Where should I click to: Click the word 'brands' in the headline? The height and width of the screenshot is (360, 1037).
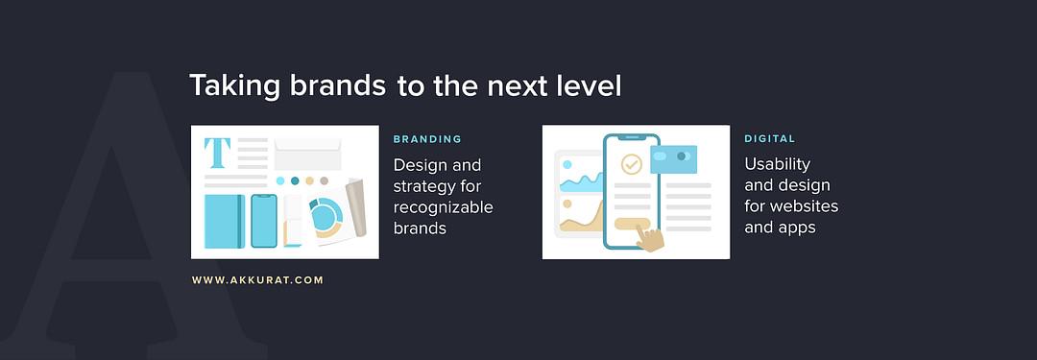[x=338, y=86]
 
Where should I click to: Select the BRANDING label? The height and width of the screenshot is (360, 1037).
[x=427, y=139]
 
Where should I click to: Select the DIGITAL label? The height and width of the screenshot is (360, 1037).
[x=770, y=139]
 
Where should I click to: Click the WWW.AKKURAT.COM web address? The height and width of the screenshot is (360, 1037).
[x=258, y=280]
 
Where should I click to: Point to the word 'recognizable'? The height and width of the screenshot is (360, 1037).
[x=443, y=207]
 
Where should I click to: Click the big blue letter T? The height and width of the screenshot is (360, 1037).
[x=217, y=153]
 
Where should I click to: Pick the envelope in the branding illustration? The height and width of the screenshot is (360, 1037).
[x=307, y=155]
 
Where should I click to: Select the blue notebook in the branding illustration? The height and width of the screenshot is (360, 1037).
[x=225, y=221]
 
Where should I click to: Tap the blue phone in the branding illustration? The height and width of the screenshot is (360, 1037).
[x=264, y=221]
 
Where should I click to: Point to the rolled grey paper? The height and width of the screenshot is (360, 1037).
[x=356, y=207]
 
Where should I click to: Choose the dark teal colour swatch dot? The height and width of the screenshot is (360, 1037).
[x=295, y=180]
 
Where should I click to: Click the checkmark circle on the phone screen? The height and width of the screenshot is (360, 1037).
[x=632, y=164]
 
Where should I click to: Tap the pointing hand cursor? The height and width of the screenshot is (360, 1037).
[x=650, y=238]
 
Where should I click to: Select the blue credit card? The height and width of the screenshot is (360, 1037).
[x=673, y=159]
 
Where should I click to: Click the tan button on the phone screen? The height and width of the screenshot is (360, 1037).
[x=632, y=224]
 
